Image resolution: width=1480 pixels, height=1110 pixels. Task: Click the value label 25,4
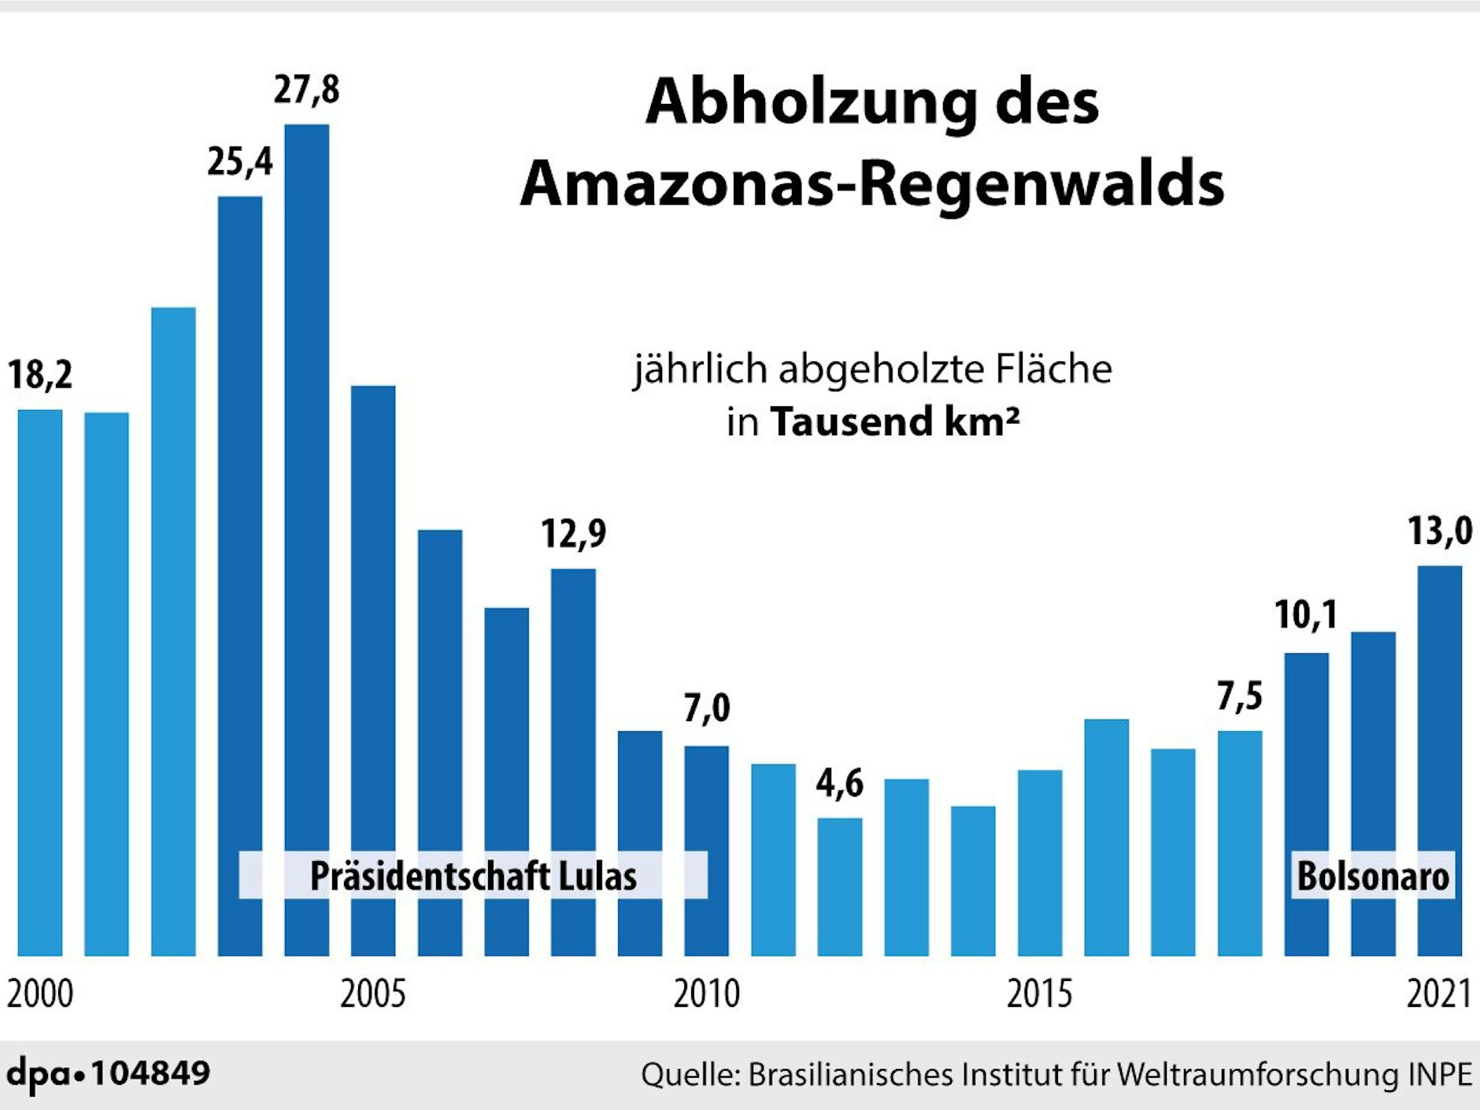[x=239, y=162]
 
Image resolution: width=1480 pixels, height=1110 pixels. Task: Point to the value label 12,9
[x=573, y=535]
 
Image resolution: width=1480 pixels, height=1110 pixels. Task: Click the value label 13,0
[x=1439, y=531]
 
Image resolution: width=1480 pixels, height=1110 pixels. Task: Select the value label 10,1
[x=1305, y=615]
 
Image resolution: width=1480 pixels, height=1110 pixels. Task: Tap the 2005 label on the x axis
[x=372, y=994]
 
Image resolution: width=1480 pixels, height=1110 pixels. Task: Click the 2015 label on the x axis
[x=1039, y=994]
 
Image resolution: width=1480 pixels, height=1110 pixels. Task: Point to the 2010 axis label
[x=706, y=994]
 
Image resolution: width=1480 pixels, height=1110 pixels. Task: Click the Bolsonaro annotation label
[x=1372, y=876]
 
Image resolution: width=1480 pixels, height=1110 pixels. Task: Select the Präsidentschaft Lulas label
[x=473, y=876]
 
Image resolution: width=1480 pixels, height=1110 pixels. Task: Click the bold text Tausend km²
[x=894, y=421]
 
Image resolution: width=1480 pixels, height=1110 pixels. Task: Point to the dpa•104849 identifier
[x=109, y=1074]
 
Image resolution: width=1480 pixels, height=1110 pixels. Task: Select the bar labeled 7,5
[x=1239, y=842]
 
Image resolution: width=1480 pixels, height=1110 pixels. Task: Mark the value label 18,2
[x=40, y=375]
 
